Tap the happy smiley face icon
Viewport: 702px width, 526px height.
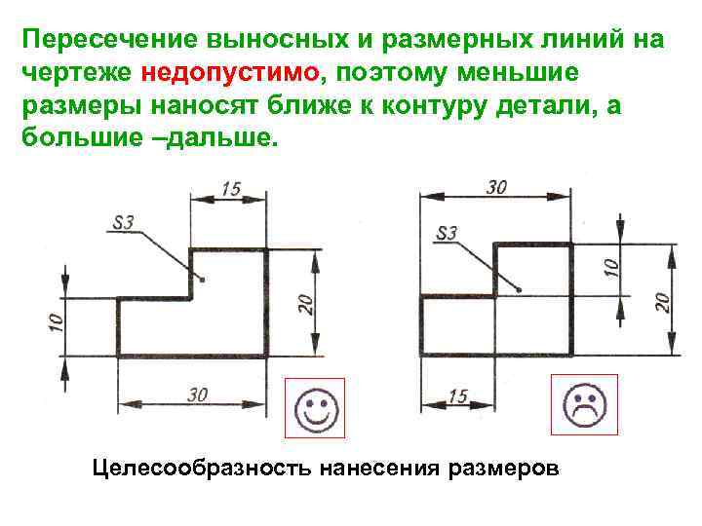(x=314, y=408)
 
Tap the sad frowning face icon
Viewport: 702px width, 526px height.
(x=583, y=407)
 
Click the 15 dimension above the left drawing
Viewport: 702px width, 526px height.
(x=230, y=189)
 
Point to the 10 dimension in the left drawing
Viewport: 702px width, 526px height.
(x=54, y=318)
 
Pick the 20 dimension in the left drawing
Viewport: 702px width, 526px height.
(x=305, y=304)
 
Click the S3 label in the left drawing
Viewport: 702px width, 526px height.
(x=124, y=223)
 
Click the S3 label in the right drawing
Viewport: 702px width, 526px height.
(x=446, y=233)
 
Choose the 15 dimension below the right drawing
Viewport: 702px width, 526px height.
(x=458, y=395)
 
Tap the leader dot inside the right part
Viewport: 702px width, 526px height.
(x=520, y=288)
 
